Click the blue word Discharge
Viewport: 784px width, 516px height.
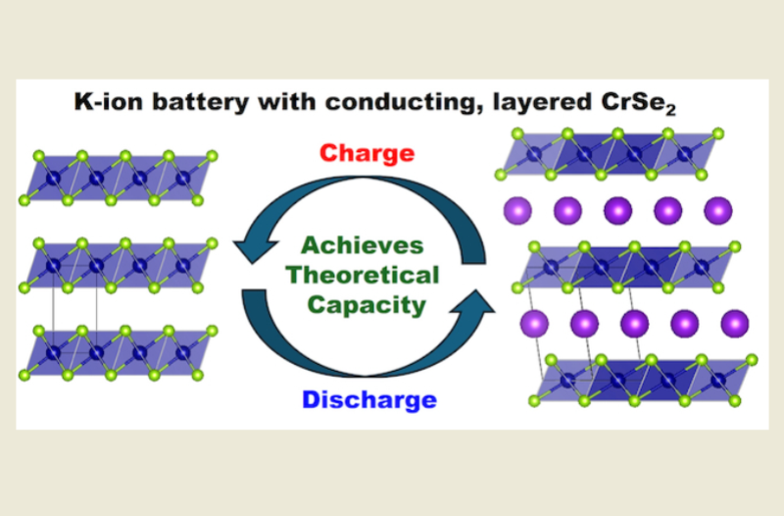pyautogui.click(x=367, y=400)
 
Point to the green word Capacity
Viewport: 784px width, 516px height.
pyautogui.click(x=365, y=304)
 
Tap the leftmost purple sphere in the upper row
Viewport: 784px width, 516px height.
pyautogui.click(x=518, y=209)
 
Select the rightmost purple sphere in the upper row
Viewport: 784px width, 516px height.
pyautogui.click(x=717, y=209)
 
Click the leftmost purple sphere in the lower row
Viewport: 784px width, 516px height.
pyautogui.click(x=533, y=323)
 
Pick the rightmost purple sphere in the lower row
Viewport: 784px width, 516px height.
pyautogui.click(x=733, y=323)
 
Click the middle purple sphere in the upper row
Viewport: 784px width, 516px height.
pyautogui.click(x=618, y=209)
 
